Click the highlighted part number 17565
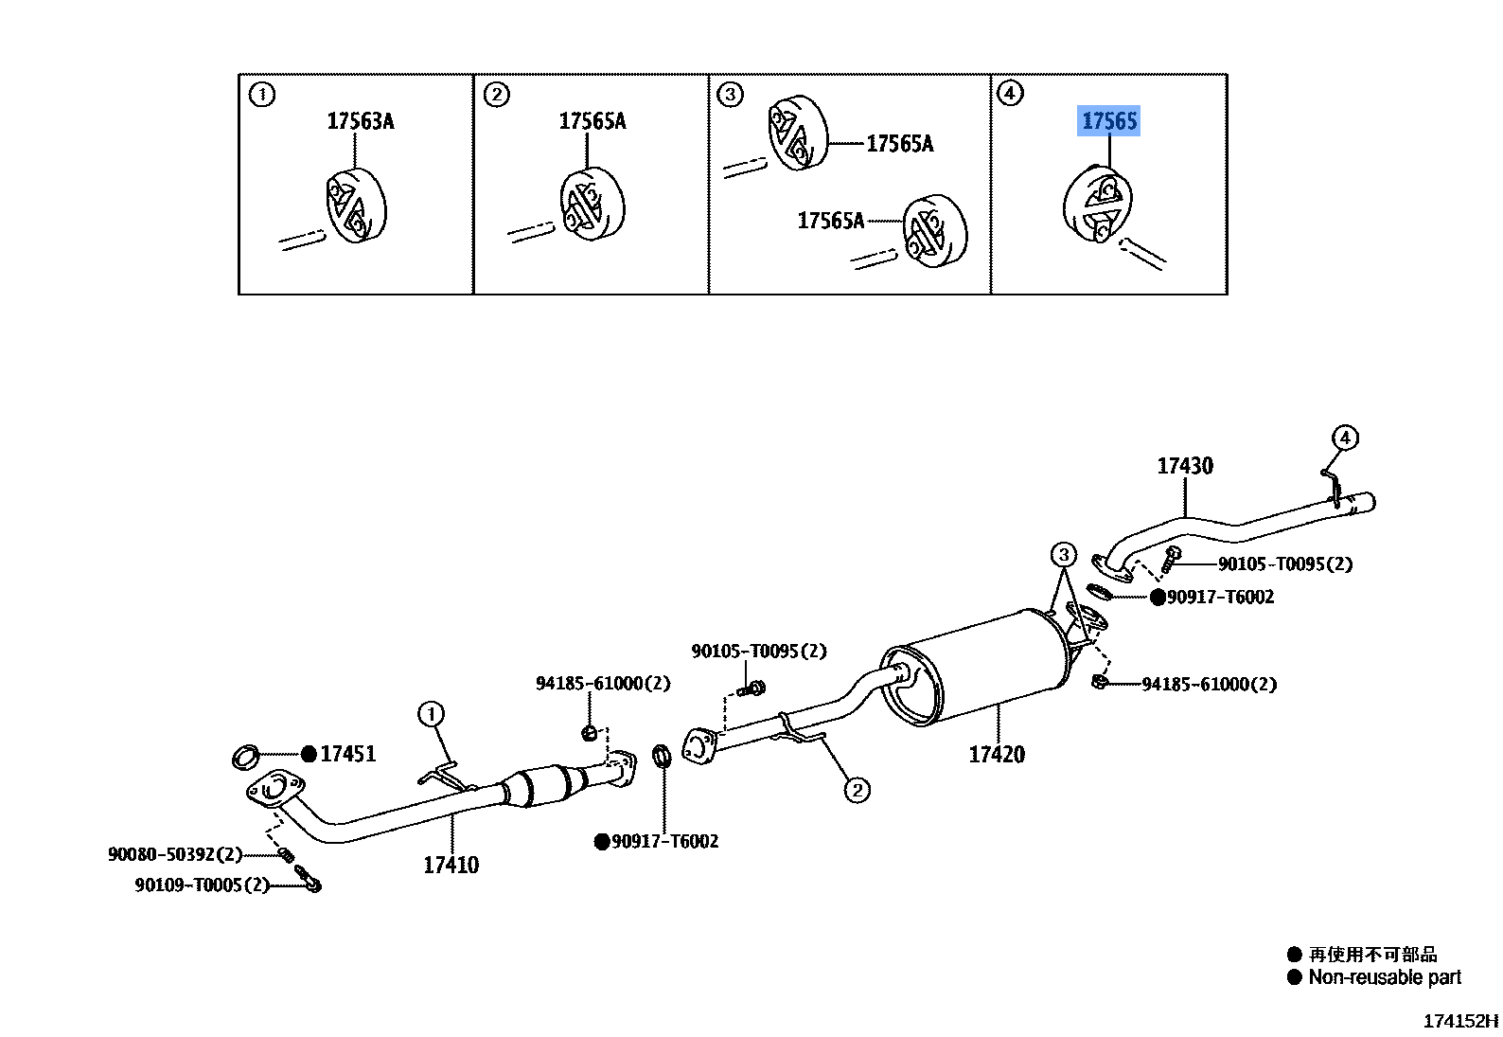[x=1109, y=121]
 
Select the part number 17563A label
[x=360, y=121]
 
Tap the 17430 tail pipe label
[x=1184, y=466]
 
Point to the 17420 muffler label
[x=997, y=755]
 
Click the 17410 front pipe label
[x=451, y=865]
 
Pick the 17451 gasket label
[x=347, y=754]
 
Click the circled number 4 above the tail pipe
[x=1344, y=438]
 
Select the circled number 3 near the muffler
[x=1064, y=555]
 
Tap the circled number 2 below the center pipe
[x=857, y=790]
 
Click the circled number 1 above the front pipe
[x=432, y=713]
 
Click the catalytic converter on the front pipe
[x=544, y=785]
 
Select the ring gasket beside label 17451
[x=246, y=757]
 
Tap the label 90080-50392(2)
[x=175, y=854]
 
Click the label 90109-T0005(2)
[x=202, y=885]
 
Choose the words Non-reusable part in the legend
[x=1384, y=977]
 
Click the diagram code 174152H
[x=1460, y=1021]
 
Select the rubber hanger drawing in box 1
[x=355, y=206]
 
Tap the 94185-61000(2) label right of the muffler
[x=1209, y=684]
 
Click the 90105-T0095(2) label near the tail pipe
[x=1284, y=564]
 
